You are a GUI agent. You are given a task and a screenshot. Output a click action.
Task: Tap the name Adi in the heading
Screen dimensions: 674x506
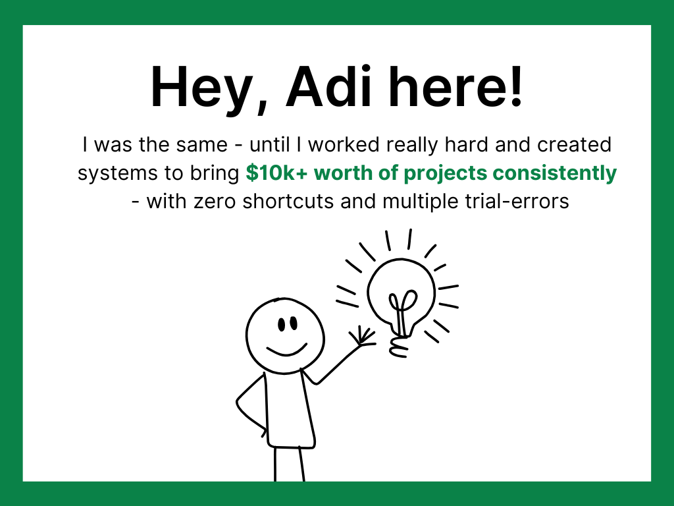329,86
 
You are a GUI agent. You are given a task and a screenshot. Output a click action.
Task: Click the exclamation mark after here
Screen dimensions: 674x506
516,86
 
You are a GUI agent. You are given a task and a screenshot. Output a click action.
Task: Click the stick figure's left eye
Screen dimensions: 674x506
282,324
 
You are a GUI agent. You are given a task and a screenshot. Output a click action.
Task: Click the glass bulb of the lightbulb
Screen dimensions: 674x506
401,293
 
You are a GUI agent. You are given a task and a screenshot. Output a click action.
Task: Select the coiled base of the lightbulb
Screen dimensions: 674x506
400,347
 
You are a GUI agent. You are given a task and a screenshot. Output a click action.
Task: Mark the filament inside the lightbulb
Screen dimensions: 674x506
402,310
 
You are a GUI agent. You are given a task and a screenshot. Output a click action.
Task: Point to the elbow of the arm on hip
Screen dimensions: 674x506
238,403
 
